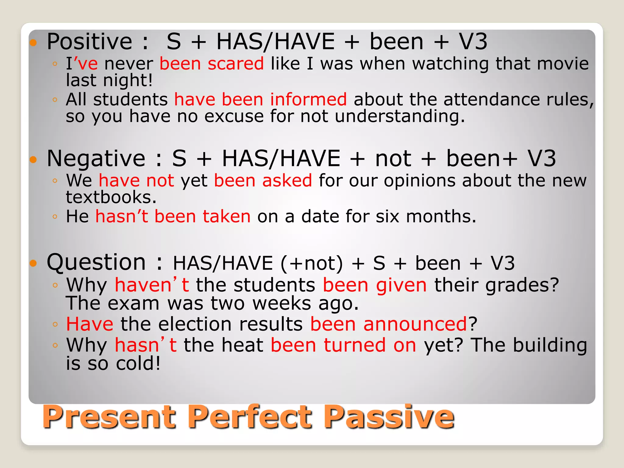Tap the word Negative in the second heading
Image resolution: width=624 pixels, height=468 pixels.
tap(96, 159)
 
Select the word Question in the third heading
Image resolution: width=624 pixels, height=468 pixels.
tap(96, 262)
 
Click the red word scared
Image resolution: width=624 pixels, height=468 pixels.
tap(236, 64)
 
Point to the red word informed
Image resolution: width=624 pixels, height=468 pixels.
tap(308, 100)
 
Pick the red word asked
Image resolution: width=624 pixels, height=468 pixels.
tap(287, 180)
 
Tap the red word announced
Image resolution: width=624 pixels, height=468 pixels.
tap(415, 324)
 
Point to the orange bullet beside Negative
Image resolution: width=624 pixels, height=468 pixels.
tap(33, 159)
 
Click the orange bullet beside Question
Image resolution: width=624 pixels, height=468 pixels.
tap(33, 263)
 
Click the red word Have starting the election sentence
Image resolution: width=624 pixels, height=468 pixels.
tap(90, 324)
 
